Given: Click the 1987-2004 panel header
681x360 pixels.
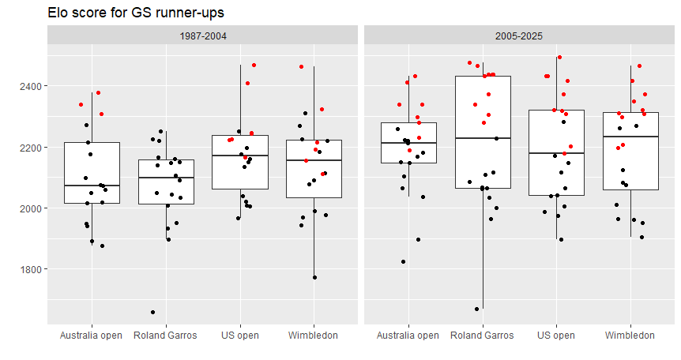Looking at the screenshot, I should point(202,36).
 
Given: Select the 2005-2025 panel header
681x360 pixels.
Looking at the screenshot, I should point(518,36).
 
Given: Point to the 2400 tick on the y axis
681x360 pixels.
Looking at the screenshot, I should point(29,85).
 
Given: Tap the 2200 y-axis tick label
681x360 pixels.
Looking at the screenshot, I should point(29,147).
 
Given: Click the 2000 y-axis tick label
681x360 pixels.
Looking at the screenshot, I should point(29,208).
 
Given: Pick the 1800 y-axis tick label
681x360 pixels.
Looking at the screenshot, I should point(29,269).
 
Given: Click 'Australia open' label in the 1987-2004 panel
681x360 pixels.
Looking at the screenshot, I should point(92,336).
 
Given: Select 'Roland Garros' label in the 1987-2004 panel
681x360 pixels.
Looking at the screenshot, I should point(166,336).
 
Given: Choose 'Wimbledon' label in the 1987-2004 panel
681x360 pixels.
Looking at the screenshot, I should point(314,336).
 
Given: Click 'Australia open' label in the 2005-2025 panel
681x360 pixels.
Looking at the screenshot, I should point(408,336).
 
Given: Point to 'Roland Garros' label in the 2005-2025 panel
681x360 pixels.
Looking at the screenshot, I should point(482,336).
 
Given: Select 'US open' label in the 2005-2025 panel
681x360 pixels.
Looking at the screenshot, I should point(556,336).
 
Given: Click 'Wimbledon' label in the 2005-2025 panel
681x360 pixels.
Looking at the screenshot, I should point(630,336).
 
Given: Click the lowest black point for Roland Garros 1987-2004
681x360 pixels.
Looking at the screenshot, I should point(152,312).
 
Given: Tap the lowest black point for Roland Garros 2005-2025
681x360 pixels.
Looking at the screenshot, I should point(476,309).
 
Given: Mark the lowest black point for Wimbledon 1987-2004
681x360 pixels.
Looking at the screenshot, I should point(314,277).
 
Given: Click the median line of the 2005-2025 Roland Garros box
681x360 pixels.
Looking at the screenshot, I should point(482,138).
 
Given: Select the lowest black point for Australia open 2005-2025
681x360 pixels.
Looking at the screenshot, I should point(404,261).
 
